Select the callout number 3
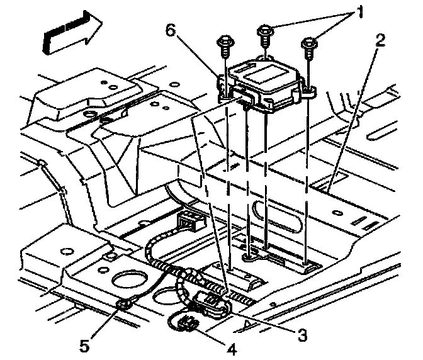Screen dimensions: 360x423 (302, 335)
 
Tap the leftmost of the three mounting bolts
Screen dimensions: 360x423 (224, 45)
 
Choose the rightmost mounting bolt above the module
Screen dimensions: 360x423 (309, 45)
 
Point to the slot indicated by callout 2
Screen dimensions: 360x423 (322, 187)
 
